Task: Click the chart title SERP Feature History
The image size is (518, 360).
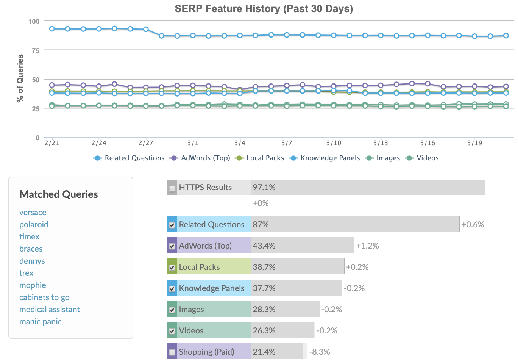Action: (x=264, y=9)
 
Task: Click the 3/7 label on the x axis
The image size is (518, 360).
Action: (x=287, y=143)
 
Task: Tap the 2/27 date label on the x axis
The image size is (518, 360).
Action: (x=146, y=143)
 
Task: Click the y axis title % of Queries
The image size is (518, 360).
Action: (x=20, y=78)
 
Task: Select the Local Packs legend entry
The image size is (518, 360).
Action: (x=265, y=158)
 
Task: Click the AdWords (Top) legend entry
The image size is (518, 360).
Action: (x=205, y=158)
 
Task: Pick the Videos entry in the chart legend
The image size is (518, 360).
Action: (x=427, y=158)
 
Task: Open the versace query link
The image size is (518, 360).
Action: (x=33, y=213)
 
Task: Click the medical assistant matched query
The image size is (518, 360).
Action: (x=50, y=310)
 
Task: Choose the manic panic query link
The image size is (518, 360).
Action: (x=41, y=322)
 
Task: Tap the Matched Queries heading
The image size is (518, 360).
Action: (x=59, y=194)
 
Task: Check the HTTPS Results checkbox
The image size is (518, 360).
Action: (x=172, y=188)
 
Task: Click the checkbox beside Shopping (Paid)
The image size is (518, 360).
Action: (x=172, y=352)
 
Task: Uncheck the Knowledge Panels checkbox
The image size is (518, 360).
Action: (x=172, y=289)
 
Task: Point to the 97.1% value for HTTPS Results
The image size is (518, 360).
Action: (x=264, y=187)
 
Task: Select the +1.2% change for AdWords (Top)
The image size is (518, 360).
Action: (x=367, y=246)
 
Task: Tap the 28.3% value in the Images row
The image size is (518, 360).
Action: (x=264, y=309)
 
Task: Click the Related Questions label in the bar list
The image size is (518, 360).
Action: (x=212, y=224)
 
